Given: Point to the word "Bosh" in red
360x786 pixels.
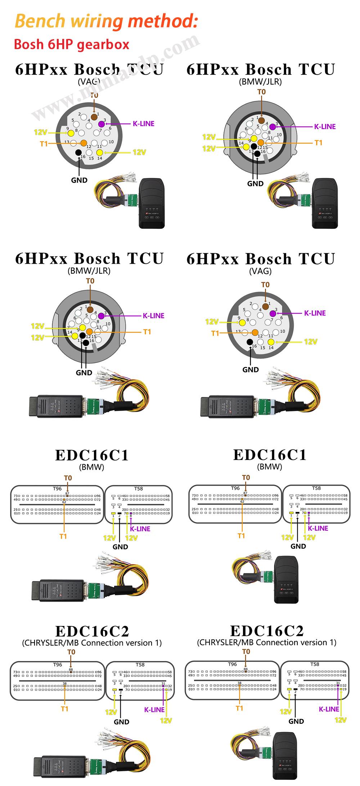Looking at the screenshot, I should (28, 45).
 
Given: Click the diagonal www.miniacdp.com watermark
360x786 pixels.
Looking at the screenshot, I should (115, 77).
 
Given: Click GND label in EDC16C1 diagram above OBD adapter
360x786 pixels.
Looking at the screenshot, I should (120, 547).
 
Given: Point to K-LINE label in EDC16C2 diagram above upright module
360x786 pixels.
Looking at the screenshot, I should (329, 709).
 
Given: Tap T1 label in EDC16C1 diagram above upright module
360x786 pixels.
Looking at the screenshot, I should (241, 536).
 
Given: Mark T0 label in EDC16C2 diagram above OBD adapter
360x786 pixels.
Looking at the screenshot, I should (71, 652).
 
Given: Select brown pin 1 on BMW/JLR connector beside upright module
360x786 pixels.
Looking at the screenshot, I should (261, 120).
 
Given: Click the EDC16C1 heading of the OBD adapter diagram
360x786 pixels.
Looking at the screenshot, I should (92, 455).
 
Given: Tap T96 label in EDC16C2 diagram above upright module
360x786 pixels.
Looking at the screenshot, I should (233, 664).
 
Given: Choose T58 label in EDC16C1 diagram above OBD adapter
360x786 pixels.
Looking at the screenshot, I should (139, 489).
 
